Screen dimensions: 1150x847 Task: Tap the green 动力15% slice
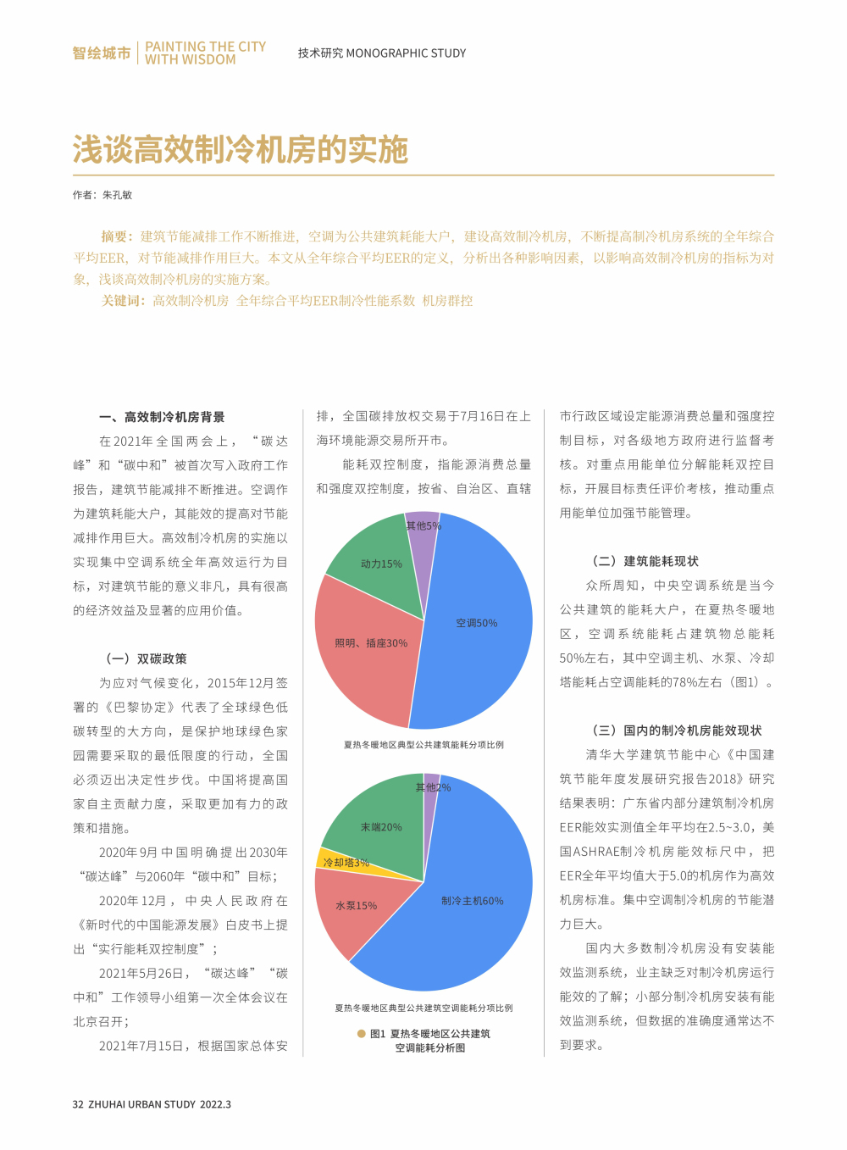click(381, 564)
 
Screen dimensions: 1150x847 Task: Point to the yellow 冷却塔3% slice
click(339, 860)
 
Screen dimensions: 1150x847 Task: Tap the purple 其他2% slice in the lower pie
click(431, 784)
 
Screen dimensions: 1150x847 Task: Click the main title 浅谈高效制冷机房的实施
click(241, 150)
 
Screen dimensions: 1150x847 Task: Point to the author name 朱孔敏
click(118, 195)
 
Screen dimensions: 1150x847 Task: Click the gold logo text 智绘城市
click(102, 53)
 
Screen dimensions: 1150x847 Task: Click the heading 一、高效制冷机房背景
click(162, 417)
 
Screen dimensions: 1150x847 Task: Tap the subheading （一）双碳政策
click(146, 658)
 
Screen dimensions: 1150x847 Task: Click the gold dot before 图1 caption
click(362, 1034)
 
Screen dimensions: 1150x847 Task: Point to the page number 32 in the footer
click(78, 1104)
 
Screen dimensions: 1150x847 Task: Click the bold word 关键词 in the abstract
click(124, 301)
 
